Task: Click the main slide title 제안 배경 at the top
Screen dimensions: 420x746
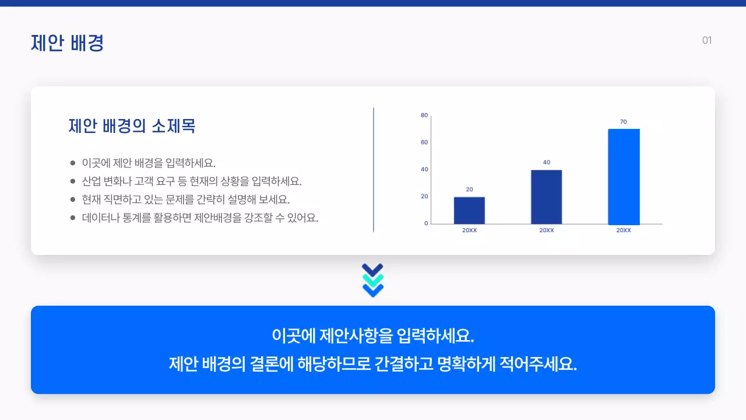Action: click(x=67, y=43)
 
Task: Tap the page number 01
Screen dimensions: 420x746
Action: click(x=706, y=40)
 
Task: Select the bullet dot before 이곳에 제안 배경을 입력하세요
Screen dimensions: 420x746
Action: click(x=72, y=163)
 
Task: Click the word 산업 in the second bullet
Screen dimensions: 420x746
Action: click(x=91, y=181)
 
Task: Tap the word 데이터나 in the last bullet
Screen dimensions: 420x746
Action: click(x=100, y=218)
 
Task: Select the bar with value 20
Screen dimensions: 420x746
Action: click(x=469, y=211)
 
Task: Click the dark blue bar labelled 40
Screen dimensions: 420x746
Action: click(x=546, y=197)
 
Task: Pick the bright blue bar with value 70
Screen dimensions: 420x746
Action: click(x=624, y=177)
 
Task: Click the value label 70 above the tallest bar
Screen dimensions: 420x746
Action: click(x=624, y=122)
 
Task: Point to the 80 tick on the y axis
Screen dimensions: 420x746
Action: click(x=424, y=115)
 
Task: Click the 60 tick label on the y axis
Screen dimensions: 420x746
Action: click(x=424, y=142)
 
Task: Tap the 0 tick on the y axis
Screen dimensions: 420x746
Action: click(x=426, y=223)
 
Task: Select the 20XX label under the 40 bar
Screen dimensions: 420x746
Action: click(x=546, y=230)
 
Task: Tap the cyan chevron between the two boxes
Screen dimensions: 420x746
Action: click(x=372, y=280)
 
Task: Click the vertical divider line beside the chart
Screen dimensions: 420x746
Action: click(x=374, y=169)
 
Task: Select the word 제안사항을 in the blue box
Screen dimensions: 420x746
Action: click(x=356, y=336)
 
